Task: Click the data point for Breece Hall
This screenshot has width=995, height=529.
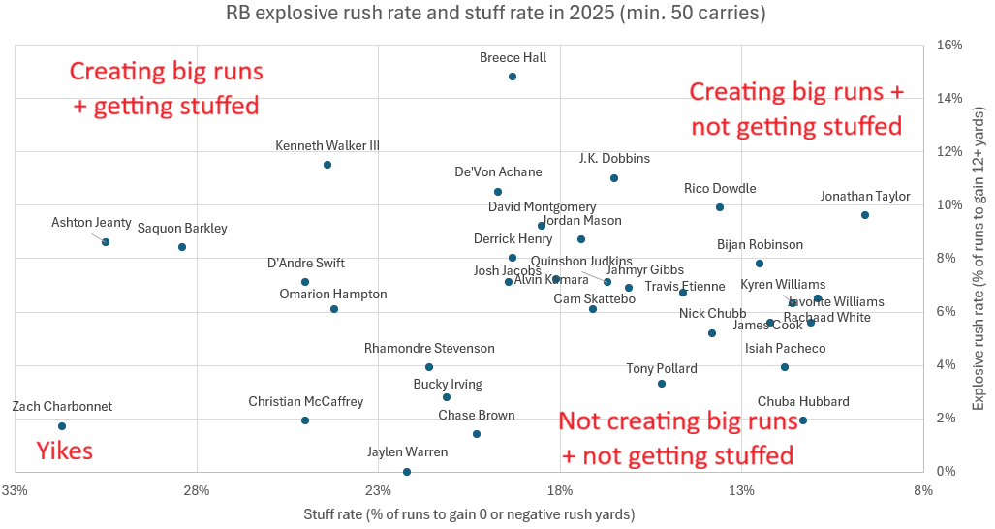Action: point(513,77)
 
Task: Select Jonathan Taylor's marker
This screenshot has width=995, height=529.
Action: point(865,215)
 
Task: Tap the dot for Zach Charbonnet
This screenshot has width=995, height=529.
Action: point(62,426)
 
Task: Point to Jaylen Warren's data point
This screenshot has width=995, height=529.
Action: point(407,472)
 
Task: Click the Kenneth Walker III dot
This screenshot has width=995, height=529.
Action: point(327,165)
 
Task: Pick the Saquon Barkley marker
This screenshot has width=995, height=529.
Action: point(182,247)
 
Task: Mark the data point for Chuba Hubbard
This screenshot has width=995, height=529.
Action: point(803,420)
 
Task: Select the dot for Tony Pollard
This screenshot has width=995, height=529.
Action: point(662,384)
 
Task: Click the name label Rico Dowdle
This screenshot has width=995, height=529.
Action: point(720,189)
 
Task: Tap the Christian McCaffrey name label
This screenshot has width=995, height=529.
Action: point(306,401)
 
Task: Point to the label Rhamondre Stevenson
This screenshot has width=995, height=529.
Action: point(429,349)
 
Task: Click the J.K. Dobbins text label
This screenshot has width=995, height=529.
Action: point(614,159)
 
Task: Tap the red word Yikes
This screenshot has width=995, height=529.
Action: point(64,451)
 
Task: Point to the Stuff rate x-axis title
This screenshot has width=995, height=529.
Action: point(469,513)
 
